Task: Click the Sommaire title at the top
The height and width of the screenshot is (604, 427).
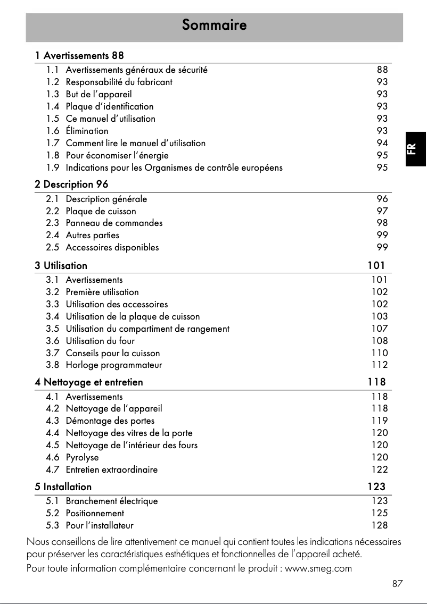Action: point(214,25)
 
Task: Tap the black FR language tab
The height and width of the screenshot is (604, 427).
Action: point(416,148)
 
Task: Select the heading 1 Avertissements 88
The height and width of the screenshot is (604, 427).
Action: point(80,55)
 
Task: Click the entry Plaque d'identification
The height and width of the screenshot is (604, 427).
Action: point(109,106)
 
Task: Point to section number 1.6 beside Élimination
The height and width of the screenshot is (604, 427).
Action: point(52,131)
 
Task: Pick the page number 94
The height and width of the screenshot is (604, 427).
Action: point(382,143)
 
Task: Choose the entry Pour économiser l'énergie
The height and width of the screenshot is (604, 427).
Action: point(117,155)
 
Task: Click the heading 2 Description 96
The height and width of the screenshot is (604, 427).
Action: point(71,184)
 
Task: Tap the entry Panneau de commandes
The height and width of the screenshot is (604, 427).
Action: point(114,223)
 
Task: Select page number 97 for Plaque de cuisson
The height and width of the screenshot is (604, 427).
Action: point(382,211)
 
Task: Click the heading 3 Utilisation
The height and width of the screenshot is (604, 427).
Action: point(61,265)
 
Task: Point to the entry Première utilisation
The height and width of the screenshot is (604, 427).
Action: point(102,292)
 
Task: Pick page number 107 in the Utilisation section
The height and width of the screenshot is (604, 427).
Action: point(380,329)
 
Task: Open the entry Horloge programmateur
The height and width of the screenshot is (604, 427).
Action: point(113,365)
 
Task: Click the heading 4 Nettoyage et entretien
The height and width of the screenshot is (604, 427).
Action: point(88,382)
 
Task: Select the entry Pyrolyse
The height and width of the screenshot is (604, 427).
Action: point(82,457)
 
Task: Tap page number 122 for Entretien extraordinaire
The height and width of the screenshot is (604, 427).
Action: point(380,469)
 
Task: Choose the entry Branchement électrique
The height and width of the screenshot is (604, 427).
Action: point(111,501)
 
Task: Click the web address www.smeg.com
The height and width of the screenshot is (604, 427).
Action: point(318,569)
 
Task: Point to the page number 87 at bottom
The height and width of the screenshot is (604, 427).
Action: point(397,584)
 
